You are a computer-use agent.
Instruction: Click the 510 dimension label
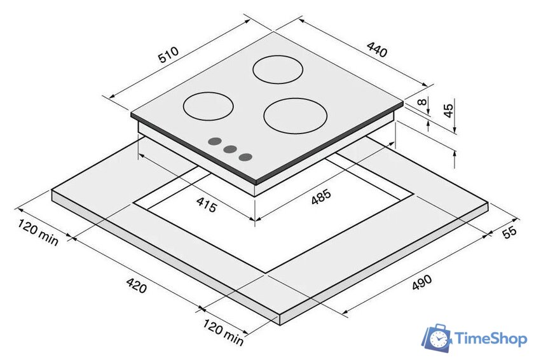pyautogui.click(x=168, y=55)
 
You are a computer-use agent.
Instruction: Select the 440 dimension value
pyautogui.click(x=377, y=50)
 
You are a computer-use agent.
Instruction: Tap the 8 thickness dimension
pyautogui.click(x=422, y=102)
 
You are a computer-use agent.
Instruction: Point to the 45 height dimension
pyautogui.click(x=449, y=110)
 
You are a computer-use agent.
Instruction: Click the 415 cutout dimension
pyautogui.click(x=207, y=205)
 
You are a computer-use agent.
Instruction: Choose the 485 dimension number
pyautogui.click(x=321, y=197)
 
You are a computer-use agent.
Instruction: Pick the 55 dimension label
pyautogui.click(x=509, y=232)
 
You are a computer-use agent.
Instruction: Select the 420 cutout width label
pyautogui.click(x=137, y=286)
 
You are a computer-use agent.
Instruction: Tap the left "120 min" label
pyautogui.click(x=38, y=232)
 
